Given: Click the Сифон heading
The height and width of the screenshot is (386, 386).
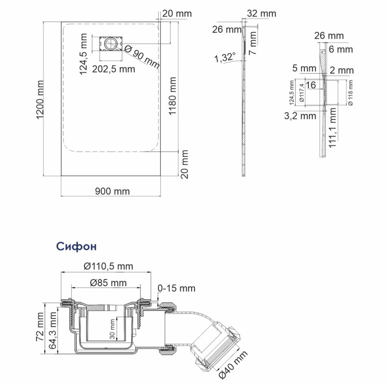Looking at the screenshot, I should (76, 247).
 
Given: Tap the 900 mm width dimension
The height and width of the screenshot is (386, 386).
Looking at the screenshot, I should (112, 191).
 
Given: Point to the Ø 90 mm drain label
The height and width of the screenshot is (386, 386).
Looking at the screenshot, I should (141, 56).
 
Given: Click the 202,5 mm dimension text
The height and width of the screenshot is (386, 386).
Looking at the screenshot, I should (114, 69).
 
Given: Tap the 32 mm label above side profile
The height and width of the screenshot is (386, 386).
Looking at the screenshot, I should (261, 14).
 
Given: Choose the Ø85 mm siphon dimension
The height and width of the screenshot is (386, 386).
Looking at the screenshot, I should (108, 282).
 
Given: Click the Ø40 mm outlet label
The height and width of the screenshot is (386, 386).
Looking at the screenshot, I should (233, 365).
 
